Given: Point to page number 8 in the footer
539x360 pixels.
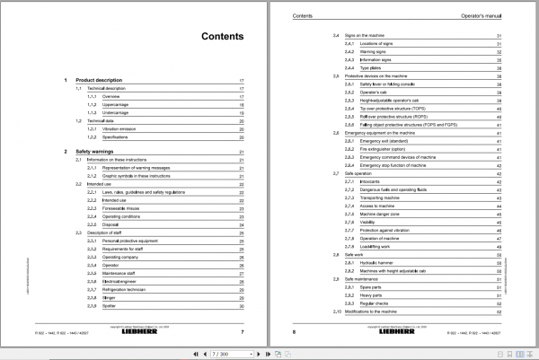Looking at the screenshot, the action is tap(295, 332).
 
